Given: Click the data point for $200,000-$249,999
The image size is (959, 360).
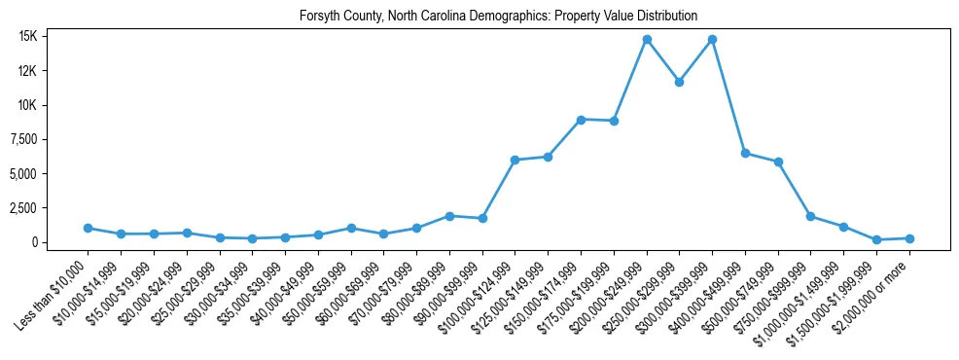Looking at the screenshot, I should [x=647, y=40].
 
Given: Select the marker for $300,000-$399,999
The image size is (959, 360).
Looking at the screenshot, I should [x=712, y=40].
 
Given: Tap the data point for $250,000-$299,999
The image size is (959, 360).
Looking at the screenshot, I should [x=679, y=82].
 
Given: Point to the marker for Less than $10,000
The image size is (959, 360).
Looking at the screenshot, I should [x=88, y=229].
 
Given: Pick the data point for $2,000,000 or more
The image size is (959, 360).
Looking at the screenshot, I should [x=909, y=238].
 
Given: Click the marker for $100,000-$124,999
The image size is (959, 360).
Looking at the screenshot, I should [x=515, y=161].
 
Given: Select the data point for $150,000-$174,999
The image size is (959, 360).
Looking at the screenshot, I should [x=581, y=120].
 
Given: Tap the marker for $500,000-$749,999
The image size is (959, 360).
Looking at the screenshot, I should [x=778, y=162].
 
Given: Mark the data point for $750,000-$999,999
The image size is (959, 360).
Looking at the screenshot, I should [x=810, y=217].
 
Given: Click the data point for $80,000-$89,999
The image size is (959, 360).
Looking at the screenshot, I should [x=449, y=216].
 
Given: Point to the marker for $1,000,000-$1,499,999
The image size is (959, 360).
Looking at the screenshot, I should [x=843, y=227].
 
